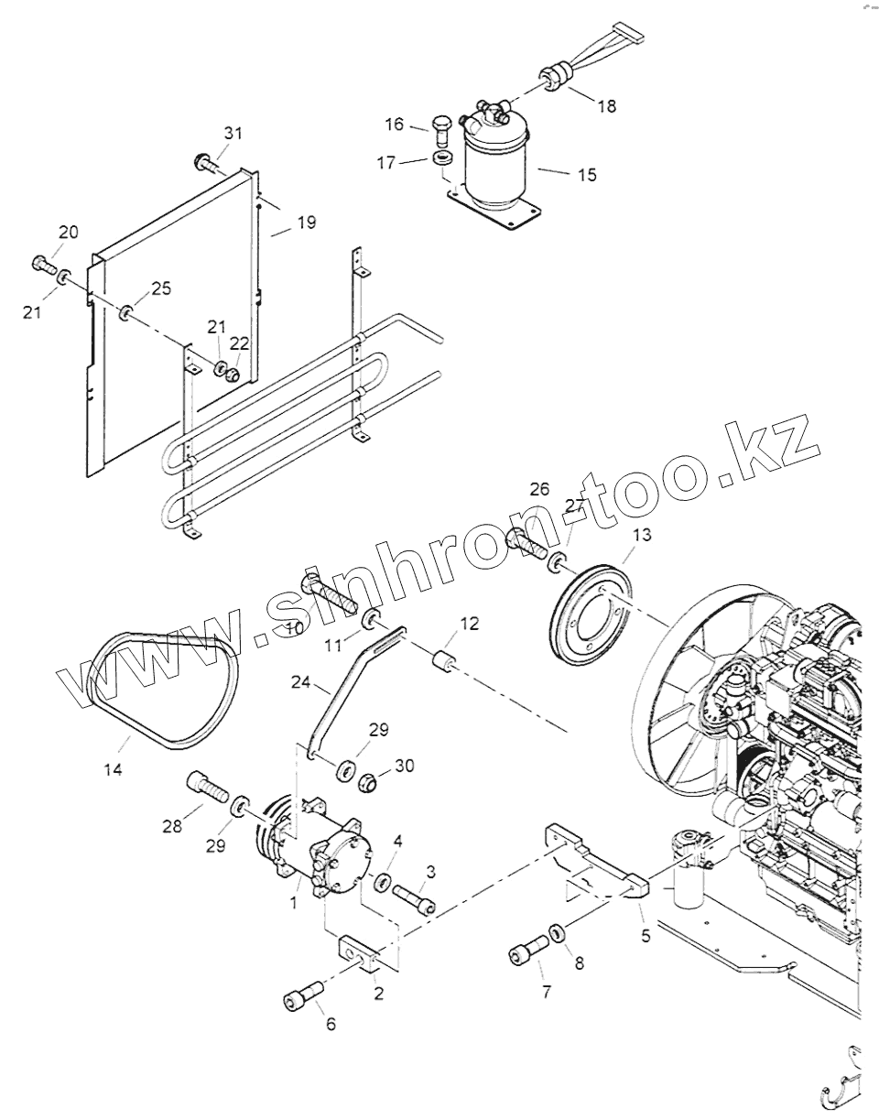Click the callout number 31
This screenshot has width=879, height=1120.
click(x=233, y=134)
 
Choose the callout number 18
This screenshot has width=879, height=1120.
click(x=607, y=106)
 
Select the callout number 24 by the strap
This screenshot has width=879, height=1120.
click(x=301, y=682)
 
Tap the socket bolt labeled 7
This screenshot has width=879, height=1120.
click(x=524, y=953)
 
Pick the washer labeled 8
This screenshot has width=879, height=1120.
click(x=556, y=935)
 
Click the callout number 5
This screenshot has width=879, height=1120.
click(x=646, y=937)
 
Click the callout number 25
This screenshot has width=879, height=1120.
click(x=161, y=288)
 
